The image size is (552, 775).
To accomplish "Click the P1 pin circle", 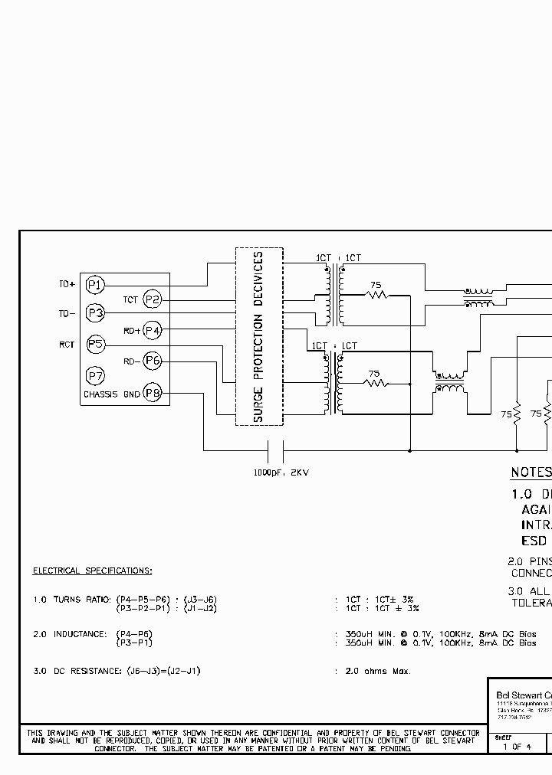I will click(94, 285).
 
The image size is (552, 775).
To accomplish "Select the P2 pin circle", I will click(153, 299).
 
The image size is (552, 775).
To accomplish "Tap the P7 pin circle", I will click(94, 376).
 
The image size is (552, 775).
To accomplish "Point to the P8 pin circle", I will click(153, 393).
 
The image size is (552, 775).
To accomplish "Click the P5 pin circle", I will click(94, 345).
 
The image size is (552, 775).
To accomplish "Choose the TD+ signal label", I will click(67, 285).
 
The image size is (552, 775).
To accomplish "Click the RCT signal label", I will click(67, 345).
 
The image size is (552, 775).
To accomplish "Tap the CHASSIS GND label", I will click(111, 394).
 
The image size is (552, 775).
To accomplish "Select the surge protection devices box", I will click(259, 336).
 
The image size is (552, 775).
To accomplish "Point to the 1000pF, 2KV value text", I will click(281, 473).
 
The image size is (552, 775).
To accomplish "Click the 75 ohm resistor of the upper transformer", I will click(376, 296).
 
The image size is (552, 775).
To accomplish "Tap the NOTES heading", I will click(531, 473).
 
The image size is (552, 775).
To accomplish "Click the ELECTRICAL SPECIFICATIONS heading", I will click(92, 571).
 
